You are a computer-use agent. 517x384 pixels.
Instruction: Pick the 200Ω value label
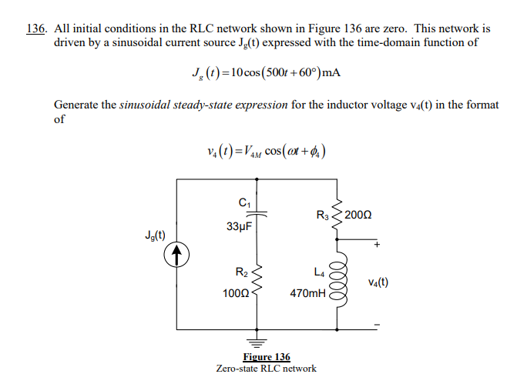pyautogui.click(x=359, y=213)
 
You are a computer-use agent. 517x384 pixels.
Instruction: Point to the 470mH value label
pyautogui.click(x=307, y=293)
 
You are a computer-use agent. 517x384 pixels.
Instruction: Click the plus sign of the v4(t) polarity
pyautogui.click(x=378, y=246)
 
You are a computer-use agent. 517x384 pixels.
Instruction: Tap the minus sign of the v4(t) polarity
pyautogui.click(x=378, y=323)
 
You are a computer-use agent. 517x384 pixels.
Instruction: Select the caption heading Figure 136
pyautogui.click(x=266, y=357)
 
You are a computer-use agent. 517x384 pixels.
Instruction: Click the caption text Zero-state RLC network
pyautogui.click(x=266, y=369)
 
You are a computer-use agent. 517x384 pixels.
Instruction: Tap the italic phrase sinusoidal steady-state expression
pyautogui.click(x=203, y=105)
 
